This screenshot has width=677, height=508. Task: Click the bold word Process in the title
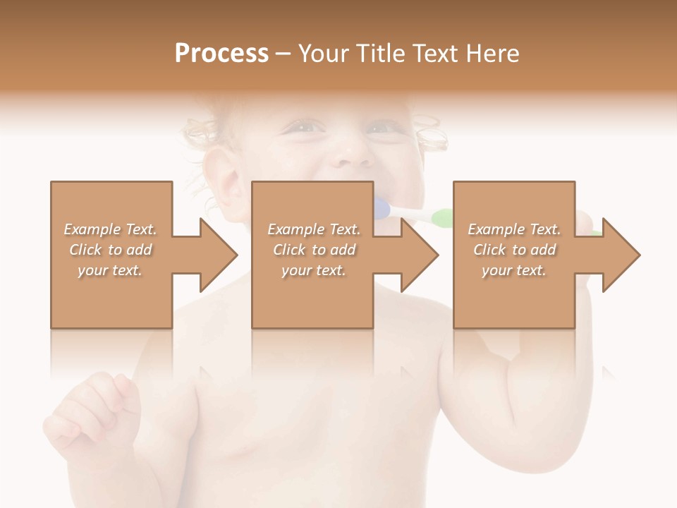[x=221, y=54]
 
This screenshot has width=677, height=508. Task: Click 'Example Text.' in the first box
[x=110, y=229]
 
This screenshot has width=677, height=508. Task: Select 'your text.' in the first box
[x=110, y=270]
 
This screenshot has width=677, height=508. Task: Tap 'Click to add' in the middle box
[x=314, y=250]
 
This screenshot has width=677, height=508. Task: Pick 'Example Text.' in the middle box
[x=314, y=229]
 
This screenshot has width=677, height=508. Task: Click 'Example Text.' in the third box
[x=514, y=229]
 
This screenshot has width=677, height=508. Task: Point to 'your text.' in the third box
[x=514, y=270]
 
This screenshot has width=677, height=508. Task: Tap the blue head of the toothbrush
[x=382, y=208]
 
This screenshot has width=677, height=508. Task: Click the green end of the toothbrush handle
[x=441, y=218]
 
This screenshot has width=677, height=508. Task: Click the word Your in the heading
[x=324, y=54]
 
